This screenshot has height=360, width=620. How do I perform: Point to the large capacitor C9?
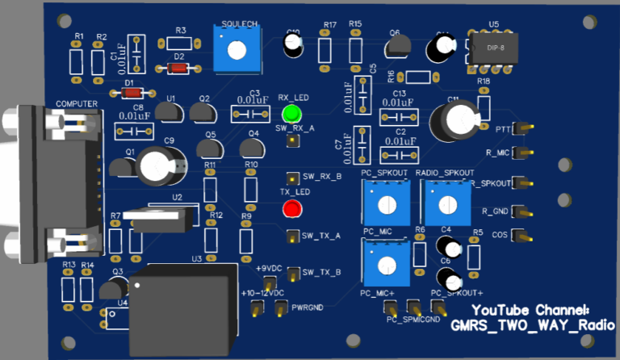tap(155, 166)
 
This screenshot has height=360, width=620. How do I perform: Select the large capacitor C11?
tap(448, 118)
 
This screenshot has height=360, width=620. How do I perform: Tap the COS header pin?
tap(522, 236)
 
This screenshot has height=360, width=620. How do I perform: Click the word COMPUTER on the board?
tap(77, 104)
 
